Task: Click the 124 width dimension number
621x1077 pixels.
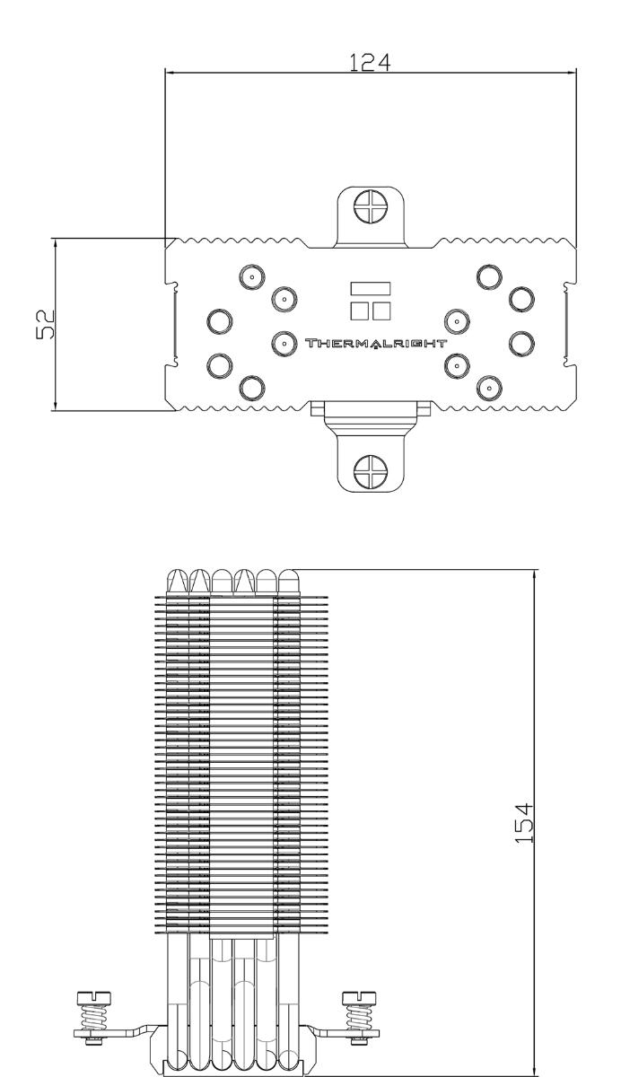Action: tap(369, 63)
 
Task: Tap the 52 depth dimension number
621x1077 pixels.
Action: tap(46, 325)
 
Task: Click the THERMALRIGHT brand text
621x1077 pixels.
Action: tap(376, 343)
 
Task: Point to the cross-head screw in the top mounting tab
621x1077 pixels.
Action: tap(370, 206)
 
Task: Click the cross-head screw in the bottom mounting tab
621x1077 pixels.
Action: tap(370, 470)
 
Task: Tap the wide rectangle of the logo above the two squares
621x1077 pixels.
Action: tap(370, 288)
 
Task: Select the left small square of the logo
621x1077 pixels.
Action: tap(360, 311)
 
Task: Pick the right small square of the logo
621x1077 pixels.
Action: tap(381, 311)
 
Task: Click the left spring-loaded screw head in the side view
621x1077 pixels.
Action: tap(93, 998)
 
